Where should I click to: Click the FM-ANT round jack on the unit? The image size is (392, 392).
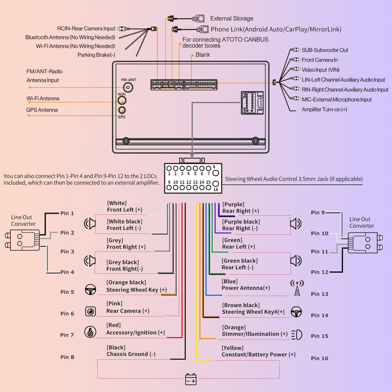tap(128, 87)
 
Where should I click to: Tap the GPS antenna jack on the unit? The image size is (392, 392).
tap(122, 110)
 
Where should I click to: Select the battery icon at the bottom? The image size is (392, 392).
tap(191, 379)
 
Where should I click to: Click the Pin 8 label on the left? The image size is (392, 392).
tap(67, 357)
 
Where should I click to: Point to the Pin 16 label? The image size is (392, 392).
tap(319, 358)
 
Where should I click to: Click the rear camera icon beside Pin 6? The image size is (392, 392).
tap(90, 311)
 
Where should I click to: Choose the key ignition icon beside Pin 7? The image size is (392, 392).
tap(90, 332)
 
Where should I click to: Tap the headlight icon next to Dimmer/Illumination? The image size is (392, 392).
tap(297, 335)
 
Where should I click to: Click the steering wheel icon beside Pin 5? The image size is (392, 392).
tap(90, 289)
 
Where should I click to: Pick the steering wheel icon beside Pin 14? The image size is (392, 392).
tap(296, 312)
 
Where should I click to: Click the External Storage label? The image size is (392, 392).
tap(232, 18)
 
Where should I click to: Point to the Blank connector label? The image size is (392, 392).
tap(203, 55)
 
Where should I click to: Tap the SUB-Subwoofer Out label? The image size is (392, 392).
tap(325, 50)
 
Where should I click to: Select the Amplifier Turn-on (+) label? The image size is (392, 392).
tap(324, 109)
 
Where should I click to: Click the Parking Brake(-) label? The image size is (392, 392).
tap(96, 55)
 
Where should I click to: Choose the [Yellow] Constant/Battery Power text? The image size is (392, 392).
tap(258, 351)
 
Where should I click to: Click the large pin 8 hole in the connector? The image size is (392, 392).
tap(216, 173)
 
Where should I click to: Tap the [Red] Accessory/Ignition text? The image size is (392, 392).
tap(136, 329)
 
